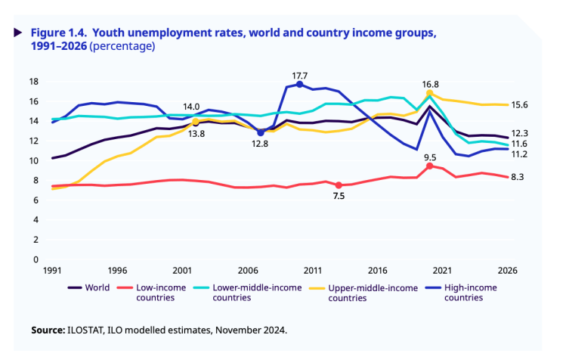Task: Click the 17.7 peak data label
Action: (299, 76)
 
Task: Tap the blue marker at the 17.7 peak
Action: (299, 85)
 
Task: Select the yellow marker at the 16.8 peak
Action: (430, 94)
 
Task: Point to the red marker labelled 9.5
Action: (429, 166)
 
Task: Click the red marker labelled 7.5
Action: (339, 185)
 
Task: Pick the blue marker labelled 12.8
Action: (261, 132)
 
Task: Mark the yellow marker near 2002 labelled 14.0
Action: (195, 121)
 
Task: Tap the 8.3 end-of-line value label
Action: (518, 177)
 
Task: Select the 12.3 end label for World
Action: (520, 133)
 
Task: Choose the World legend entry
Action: (89, 287)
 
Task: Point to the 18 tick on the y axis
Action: (33, 82)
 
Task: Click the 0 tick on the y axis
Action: (36, 259)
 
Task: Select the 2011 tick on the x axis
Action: (312, 271)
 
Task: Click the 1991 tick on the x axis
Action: (52, 271)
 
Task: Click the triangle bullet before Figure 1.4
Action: (17, 33)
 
